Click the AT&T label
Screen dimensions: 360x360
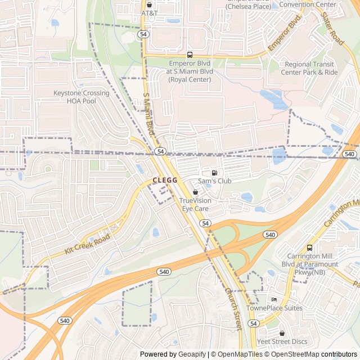click(x=149, y=13)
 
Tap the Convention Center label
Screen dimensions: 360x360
click(x=307, y=4)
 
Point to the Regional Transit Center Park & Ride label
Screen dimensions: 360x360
click(x=311, y=68)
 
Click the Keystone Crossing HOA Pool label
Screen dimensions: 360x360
click(x=82, y=97)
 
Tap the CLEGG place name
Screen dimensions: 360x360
click(x=165, y=181)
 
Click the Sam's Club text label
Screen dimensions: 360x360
click(x=214, y=181)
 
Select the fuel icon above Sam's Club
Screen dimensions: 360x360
click(x=214, y=173)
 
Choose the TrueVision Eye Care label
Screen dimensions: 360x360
click(x=195, y=204)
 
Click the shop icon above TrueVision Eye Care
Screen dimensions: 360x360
click(x=195, y=192)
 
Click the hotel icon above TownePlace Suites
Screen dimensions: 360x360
click(x=274, y=299)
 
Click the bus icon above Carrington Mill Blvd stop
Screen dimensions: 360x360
click(x=309, y=248)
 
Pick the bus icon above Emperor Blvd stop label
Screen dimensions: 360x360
click(x=190, y=55)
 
